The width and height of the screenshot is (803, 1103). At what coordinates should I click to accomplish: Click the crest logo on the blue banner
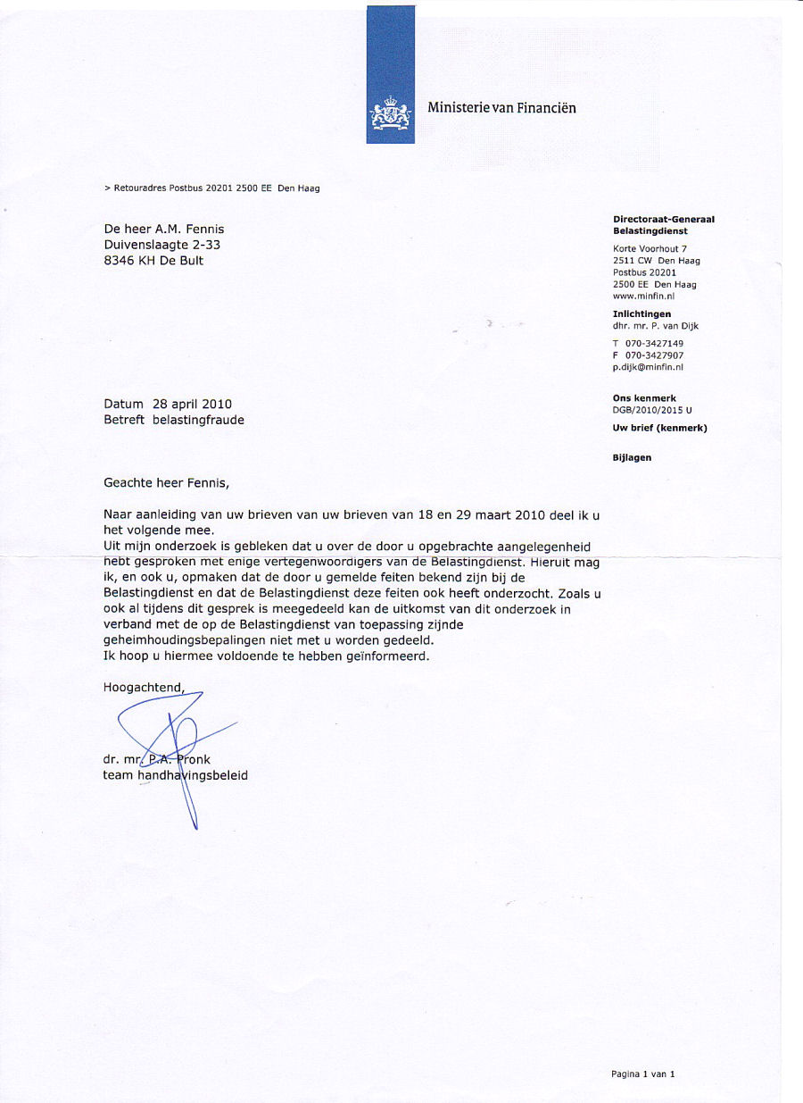pos(390,113)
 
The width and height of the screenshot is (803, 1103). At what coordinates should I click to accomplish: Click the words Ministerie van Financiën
pos(501,108)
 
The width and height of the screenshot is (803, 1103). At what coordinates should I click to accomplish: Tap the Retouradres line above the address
pos(212,188)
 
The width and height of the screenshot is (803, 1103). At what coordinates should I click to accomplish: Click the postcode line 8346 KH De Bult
pos(153,261)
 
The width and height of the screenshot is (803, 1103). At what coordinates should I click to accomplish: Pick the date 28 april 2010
pos(192,404)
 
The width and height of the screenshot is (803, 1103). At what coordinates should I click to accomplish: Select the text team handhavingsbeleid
pos(176,775)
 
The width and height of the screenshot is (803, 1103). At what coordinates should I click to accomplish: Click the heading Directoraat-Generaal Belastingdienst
pos(663,225)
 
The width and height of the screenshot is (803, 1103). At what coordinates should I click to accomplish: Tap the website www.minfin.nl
pos(643,296)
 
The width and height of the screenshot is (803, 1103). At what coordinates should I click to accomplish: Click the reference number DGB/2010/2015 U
pos(652,410)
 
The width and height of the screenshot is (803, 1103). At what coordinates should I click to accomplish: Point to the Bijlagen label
pos(632,457)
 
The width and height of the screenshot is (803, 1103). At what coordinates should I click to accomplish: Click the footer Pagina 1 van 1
pos(642,1074)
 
